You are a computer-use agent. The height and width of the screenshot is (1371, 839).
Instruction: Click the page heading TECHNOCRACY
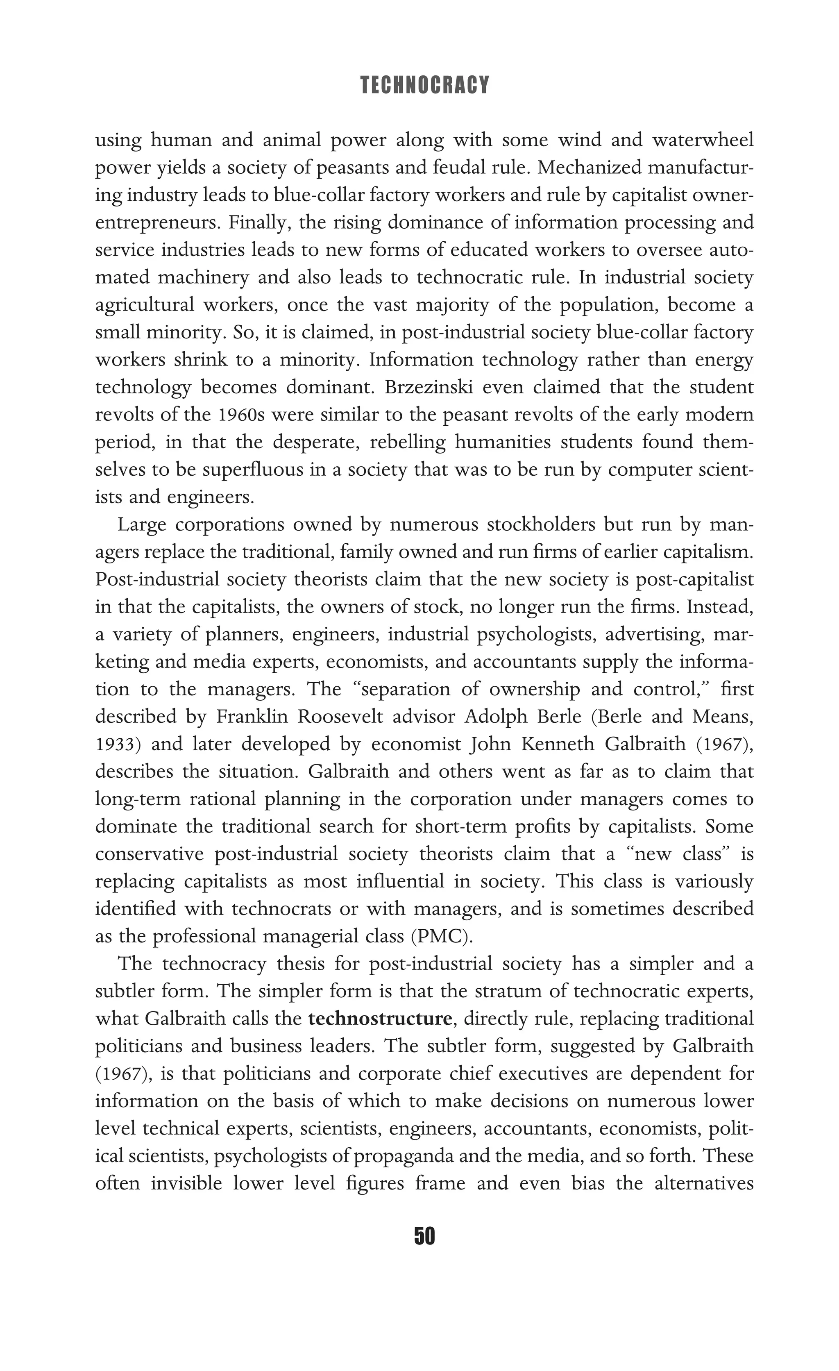[x=424, y=85]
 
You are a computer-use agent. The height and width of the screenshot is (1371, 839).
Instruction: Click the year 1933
[x=115, y=744]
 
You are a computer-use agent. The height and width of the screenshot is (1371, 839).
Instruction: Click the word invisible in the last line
[x=186, y=1183]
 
